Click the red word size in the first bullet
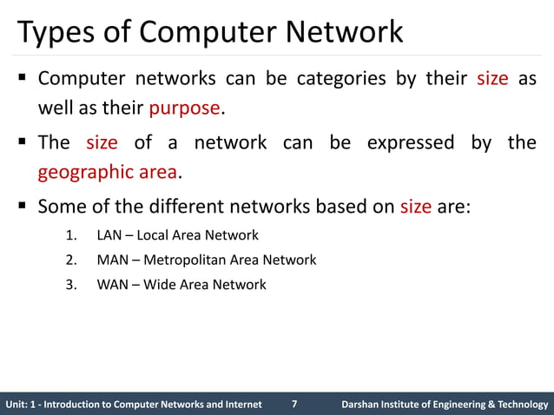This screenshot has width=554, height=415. [x=492, y=80]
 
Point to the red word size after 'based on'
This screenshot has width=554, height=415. [x=414, y=207]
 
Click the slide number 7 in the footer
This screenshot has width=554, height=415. [x=294, y=404]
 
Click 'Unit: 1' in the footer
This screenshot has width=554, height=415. [x=22, y=405]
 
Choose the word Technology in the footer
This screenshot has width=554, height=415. [x=518, y=405]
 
